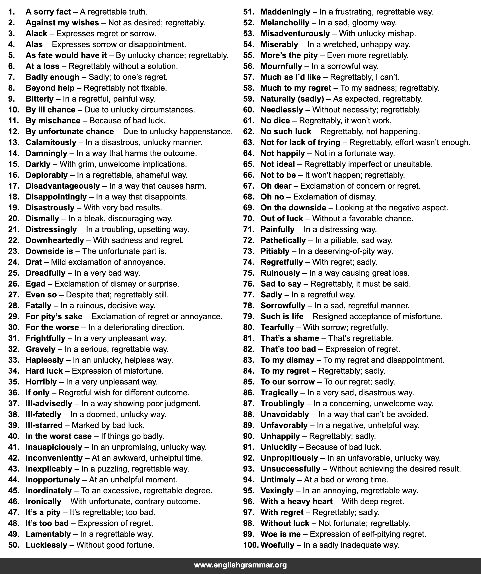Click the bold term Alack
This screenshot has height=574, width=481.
click(x=36, y=34)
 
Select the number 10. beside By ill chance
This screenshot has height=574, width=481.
click(x=14, y=110)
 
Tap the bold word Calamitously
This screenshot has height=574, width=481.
click(x=51, y=142)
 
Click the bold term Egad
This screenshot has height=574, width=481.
click(x=36, y=284)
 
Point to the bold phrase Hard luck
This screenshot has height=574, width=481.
click(x=44, y=371)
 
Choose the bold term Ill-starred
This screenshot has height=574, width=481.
click(x=44, y=425)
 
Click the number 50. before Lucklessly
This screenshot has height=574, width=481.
click(x=14, y=545)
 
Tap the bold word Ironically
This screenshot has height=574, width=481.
click(x=44, y=502)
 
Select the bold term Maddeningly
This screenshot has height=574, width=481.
click(x=285, y=12)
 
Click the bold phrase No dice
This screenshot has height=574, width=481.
click(x=275, y=121)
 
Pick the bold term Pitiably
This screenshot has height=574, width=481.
click(x=275, y=251)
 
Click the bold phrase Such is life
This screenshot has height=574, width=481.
click(x=282, y=316)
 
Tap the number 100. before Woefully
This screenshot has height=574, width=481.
click(x=251, y=545)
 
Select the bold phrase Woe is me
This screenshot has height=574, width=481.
click(x=281, y=534)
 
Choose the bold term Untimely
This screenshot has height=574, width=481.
click(x=278, y=480)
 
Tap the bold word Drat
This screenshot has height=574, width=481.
click(x=34, y=262)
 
